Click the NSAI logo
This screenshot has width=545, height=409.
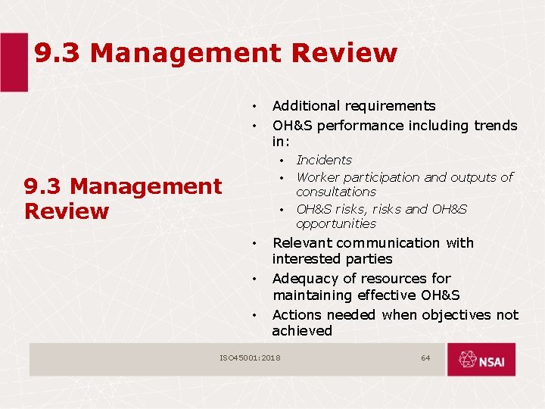click(481, 359)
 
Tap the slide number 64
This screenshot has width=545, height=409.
click(425, 357)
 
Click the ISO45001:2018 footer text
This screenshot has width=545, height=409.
click(250, 357)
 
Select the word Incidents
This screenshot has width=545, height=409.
click(324, 160)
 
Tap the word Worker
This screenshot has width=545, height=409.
click(317, 177)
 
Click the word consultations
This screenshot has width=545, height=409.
click(335, 192)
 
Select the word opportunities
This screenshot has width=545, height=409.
click(335, 224)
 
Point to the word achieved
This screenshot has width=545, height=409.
click(302, 331)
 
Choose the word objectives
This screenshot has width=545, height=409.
click(456, 314)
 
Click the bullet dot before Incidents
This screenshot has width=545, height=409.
click(281, 161)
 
